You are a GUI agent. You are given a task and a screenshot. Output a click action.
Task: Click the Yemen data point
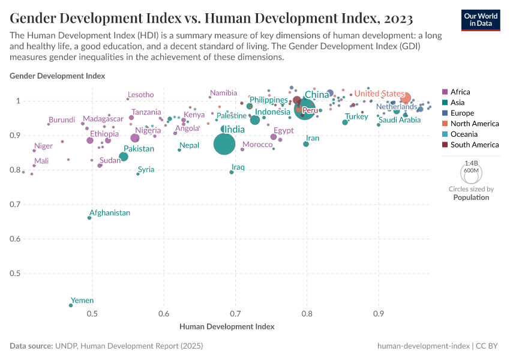[71, 305]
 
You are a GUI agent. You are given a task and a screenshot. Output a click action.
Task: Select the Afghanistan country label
[110, 213]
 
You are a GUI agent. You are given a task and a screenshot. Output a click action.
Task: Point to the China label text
[317, 95]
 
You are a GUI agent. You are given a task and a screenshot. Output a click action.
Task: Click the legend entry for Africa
[460, 92]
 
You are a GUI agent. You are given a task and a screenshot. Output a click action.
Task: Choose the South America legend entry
[475, 145]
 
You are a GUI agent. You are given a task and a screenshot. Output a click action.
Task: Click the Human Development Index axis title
[227, 327]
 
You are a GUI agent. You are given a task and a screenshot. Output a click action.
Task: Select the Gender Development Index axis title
[58, 76]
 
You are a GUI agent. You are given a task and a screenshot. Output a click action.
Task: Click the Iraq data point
[232, 172]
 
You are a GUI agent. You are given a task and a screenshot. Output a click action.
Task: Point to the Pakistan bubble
[124, 157]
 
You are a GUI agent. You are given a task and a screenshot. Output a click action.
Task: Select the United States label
[379, 94]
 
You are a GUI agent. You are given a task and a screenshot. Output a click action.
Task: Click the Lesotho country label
[141, 95]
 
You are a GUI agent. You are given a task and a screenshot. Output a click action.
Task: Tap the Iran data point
[306, 144]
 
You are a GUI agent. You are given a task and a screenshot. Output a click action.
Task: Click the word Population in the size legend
[471, 197]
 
